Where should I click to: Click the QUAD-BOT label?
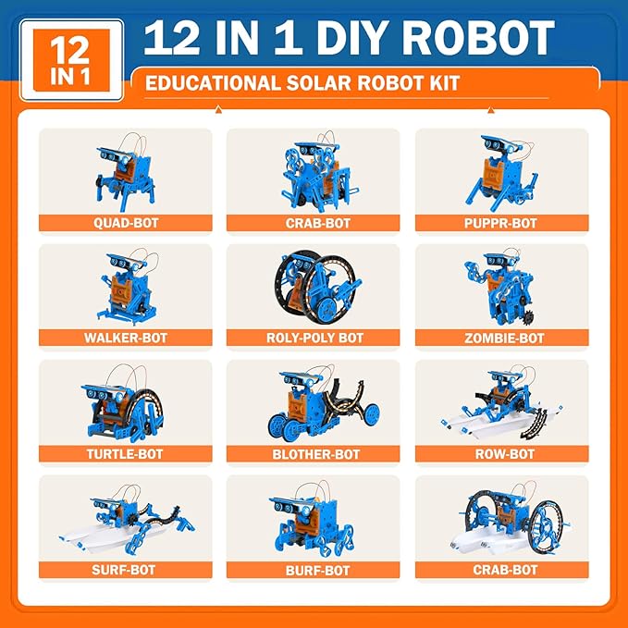point(125,223)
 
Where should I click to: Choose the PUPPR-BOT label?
point(500,223)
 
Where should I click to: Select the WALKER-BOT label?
point(125,339)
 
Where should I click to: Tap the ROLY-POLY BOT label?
point(313,339)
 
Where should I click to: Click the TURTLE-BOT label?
point(125,454)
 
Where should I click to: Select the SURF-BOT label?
point(125,571)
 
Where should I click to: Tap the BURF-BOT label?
point(313,571)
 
